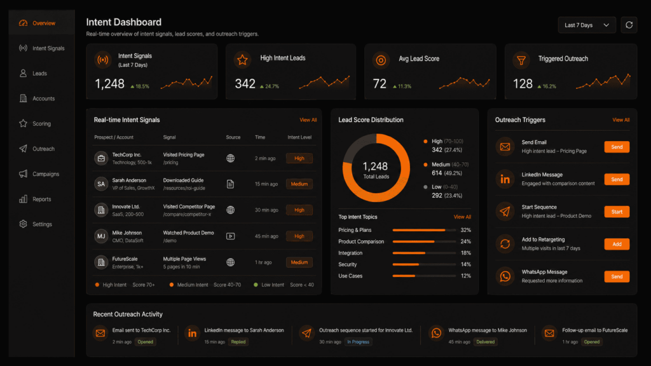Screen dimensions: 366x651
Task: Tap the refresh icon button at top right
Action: click(x=629, y=25)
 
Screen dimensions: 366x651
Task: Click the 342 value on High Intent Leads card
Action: click(x=245, y=84)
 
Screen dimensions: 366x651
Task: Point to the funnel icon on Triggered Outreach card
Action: click(x=521, y=60)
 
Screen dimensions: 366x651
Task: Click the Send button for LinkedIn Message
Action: click(x=616, y=179)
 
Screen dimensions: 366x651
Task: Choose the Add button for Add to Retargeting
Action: click(x=616, y=244)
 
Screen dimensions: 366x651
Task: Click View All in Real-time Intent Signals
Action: click(x=308, y=120)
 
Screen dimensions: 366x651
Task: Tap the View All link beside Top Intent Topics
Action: click(x=462, y=217)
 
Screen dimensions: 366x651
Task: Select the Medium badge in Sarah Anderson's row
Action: click(x=299, y=184)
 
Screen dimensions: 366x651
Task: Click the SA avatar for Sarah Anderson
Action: click(x=100, y=184)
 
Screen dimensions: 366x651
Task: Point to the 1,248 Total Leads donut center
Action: click(x=375, y=170)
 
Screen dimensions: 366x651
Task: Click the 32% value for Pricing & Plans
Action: click(x=465, y=230)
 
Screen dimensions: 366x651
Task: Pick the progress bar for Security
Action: click(x=420, y=264)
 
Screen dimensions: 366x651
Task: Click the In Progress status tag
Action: click(x=358, y=342)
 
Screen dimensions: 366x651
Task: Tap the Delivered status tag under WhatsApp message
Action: click(x=486, y=342)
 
